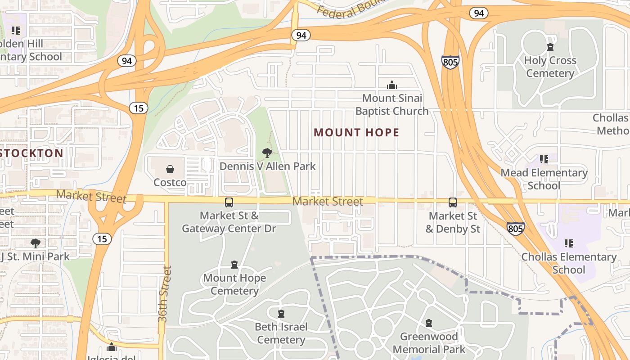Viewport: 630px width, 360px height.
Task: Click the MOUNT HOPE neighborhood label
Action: click(x=356, y=132)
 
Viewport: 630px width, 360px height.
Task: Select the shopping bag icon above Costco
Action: click(x=170, y=169)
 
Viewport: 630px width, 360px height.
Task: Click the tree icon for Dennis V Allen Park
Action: click(x=267, y=153)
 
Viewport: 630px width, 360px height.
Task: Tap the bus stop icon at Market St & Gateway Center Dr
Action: click(x=229, y=202)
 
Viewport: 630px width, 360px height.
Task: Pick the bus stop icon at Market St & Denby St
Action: click(x=453, y=202)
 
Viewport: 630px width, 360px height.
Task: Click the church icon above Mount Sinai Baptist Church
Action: click(x=392, y=85)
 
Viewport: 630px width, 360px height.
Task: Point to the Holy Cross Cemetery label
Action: click(x=550, y=67)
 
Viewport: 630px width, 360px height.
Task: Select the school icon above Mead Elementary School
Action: click(x=544, y=159)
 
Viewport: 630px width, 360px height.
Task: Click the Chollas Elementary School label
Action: click(x=569, y=263)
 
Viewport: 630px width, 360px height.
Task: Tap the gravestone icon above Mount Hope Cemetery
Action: click(x=234, y=265)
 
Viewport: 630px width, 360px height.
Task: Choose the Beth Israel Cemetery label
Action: click(x=281, y=333)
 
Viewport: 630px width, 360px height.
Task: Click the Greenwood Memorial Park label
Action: click(x=429, y=343)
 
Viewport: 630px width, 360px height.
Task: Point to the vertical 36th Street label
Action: click(x=165, y=294)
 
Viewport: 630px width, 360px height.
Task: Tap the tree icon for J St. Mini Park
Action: click(x=35, y=243)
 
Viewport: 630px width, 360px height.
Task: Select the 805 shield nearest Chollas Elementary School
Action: click(x=515, y=229)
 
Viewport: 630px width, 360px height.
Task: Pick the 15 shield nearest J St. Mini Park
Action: click(x=102, y=238)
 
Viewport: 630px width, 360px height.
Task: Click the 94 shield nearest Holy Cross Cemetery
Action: click(x=478, y=13)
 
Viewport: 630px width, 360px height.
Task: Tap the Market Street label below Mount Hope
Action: click(x=328, y=201)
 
